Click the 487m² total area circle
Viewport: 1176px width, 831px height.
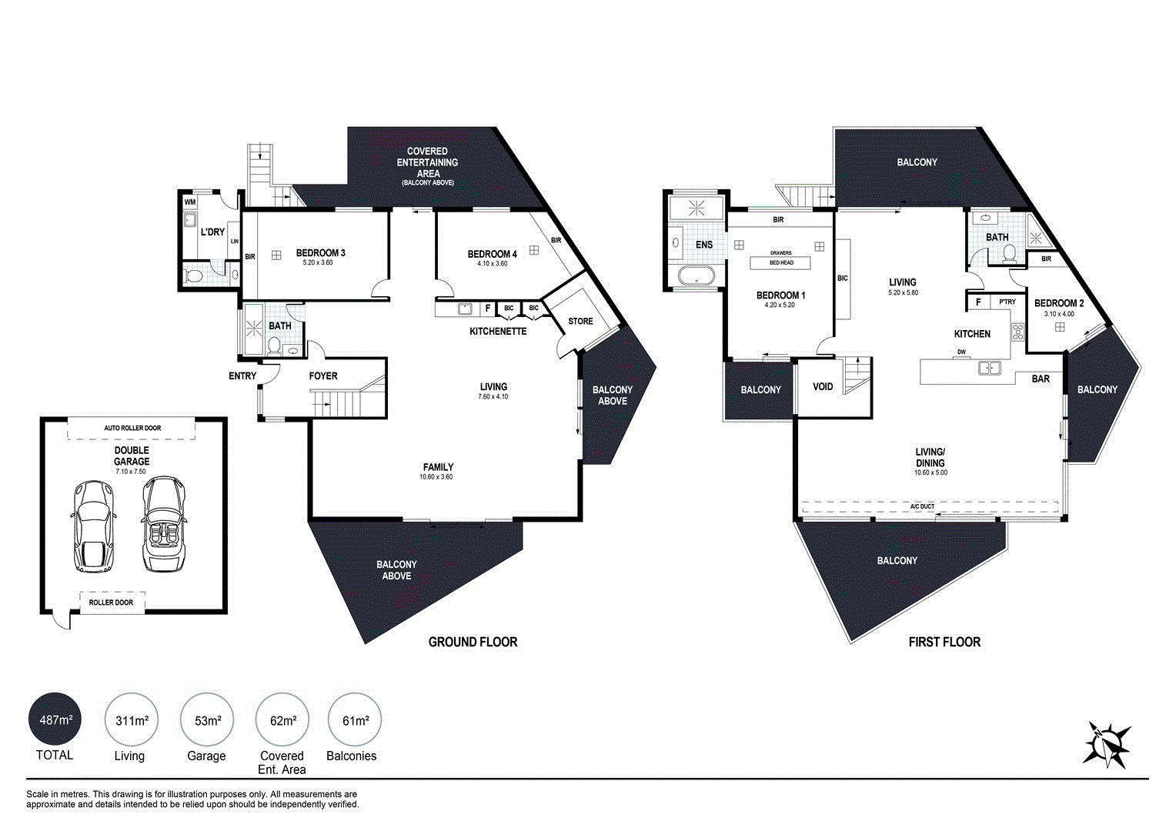55,720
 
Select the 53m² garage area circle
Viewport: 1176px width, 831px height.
207,720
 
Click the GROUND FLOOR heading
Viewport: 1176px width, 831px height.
473,642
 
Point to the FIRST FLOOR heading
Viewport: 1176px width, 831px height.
944,642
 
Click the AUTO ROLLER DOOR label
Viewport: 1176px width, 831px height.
132,428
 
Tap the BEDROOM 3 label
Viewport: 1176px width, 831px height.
320,253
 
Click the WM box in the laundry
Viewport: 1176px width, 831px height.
190,202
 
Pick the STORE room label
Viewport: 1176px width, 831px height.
580,321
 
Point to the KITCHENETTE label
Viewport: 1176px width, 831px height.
498,332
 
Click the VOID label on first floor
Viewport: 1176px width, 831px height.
823,386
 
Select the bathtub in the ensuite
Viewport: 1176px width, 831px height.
695,276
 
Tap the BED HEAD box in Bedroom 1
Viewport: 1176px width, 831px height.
780,263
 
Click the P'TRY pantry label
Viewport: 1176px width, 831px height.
1007,302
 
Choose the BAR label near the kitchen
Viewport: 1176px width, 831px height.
1041,379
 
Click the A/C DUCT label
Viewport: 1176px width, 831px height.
922,506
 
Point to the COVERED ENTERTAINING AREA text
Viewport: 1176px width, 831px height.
427,162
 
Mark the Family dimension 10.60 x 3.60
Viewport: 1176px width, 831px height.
436,477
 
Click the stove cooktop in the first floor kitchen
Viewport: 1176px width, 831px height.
1017,332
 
